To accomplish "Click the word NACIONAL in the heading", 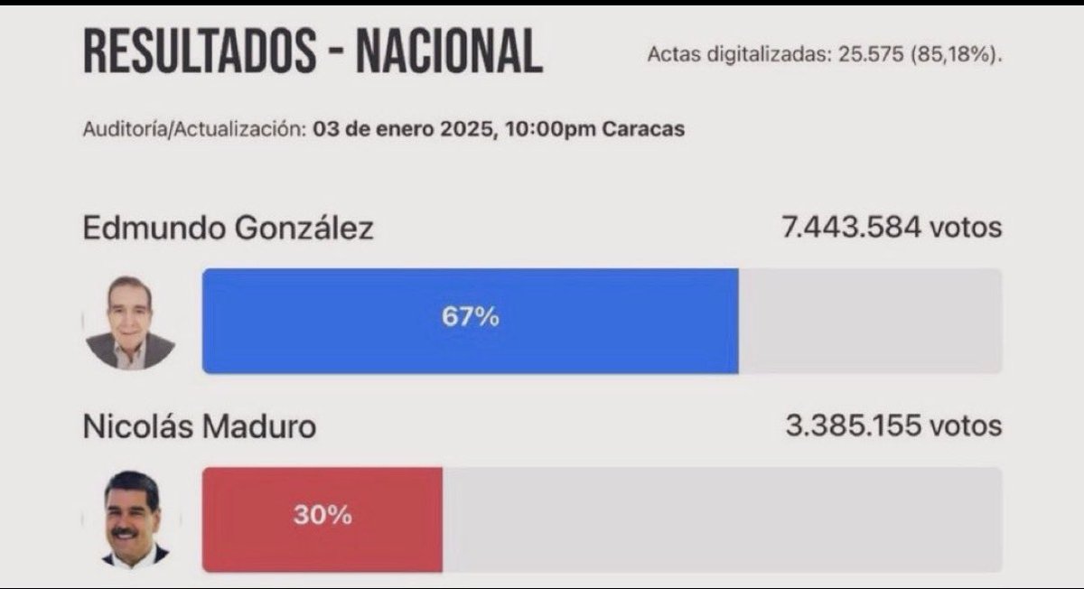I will point(449,51).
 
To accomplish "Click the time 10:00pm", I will point(551,128).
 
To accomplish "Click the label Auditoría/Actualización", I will point(193,128).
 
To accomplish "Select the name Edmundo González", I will point(228,228).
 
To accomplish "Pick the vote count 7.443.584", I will point(851,228).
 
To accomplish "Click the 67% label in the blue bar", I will point(470,318).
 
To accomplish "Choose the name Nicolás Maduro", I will point(200,426).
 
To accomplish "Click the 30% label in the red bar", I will point(322,516).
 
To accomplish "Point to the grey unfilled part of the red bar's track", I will point(723,519).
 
